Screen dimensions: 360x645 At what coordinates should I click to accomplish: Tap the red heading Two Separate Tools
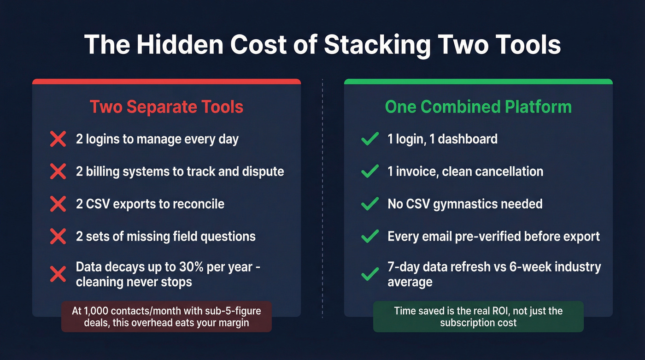tap(166, 107)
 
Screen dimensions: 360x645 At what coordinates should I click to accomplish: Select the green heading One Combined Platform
tap(478, 107)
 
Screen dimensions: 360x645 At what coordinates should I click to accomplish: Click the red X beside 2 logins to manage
tap(58, 139)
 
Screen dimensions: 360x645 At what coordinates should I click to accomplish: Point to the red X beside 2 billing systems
tap(58, 171)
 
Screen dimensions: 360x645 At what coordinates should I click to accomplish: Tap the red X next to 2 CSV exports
tap(58, 204)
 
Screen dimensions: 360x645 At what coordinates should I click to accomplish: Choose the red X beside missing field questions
tap(58, 236)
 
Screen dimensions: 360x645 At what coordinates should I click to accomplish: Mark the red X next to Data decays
tap(58, 275)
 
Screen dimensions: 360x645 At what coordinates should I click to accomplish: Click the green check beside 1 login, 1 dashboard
tap(370, 139)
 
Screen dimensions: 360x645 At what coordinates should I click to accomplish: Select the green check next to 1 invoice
tap(370, 171)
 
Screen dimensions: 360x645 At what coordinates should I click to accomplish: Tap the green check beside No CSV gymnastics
tap(370, 204)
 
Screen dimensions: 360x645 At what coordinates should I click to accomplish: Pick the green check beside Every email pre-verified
tap(370, 236)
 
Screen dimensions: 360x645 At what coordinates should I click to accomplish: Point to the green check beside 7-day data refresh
tap(370, 275)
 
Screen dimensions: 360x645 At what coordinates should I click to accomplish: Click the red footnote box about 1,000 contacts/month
tap(166, 317)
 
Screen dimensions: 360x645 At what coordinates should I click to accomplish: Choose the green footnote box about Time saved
tap(478, 317)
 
